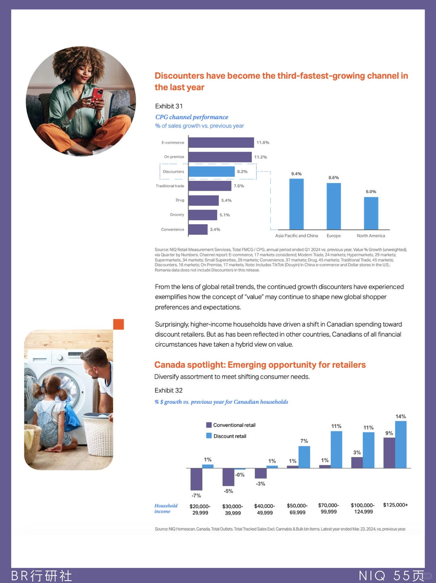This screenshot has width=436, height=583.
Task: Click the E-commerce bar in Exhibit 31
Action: pyautogui.click(x=221, y=143)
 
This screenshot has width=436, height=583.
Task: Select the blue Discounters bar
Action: pyautogui.click(x=212, y=172)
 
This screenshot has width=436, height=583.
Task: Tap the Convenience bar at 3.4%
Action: pyautogui.click(x=198, y=229)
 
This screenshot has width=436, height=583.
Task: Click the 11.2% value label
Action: pyautogui.click(x=261, y=157)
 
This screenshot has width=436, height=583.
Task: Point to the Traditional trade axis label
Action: pyautogui.click(x=170, y=186)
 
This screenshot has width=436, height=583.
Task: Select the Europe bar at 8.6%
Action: pyautogui.click(x=333, y=206)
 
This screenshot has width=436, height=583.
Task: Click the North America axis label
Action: pyautogui.click(x=371, y=236)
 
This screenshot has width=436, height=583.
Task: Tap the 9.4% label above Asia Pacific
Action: pyautogui.click(x=296, y=174)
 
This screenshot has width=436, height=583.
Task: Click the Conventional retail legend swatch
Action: pyautogui.click(x=209, y=425)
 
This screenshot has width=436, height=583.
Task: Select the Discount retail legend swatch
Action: pyautogui.click(x=209, y=436)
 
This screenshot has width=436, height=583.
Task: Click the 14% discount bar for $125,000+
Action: pyautogui.click(x=401, y=444)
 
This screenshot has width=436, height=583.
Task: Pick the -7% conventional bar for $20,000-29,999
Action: pyautogui.click(x=196, y=479)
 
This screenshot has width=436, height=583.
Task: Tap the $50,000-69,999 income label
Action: pyautogui.click(x=297, y=509)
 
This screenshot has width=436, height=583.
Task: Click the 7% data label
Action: pyautogui.click(x=304, y=441)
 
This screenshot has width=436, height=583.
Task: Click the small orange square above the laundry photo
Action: pyautogui.click(x=119, y=324)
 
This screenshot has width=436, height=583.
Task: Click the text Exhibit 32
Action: pyautogui.click(x=168, y=390)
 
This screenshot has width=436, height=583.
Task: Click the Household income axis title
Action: pyautogui.click(x=166, y=508)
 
